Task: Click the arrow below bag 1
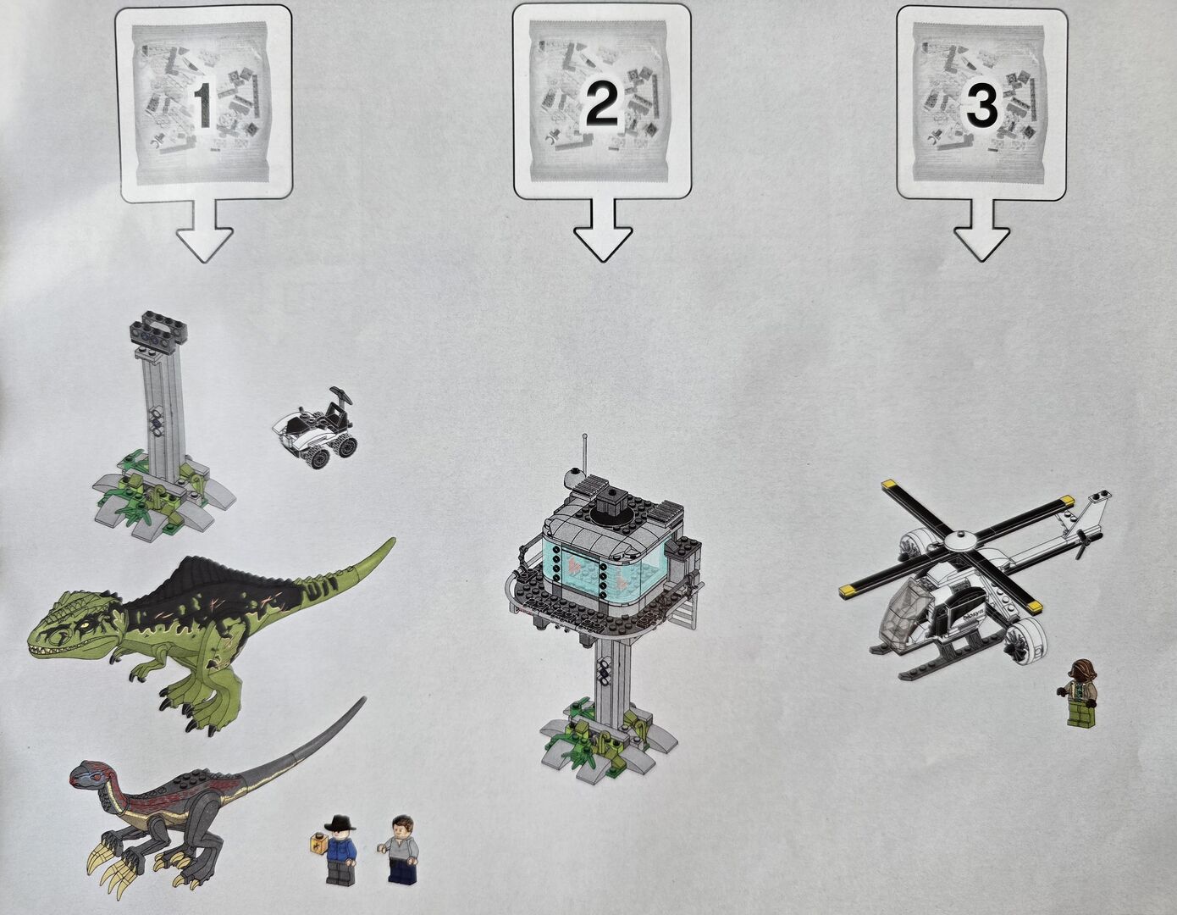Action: click(x=205, y=230)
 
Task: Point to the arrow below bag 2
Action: click(x=603, y=230)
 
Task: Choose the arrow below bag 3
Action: click(x=981, y=230)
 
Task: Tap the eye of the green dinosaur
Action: click(x=85, y=627)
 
